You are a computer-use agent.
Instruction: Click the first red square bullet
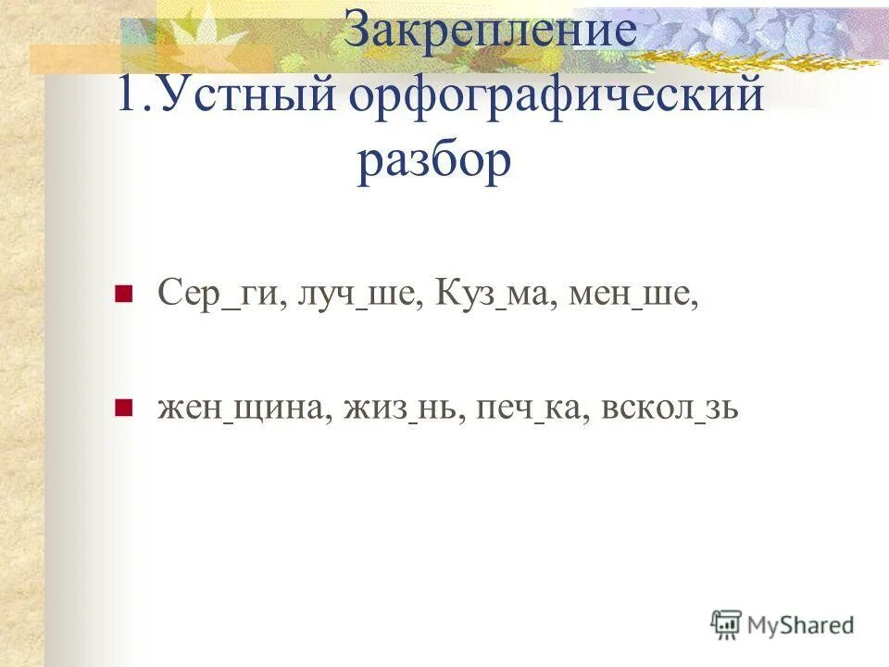[x=120, y=296]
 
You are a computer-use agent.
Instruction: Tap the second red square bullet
[x=120, y=408]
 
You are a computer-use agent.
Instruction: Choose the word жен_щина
[x=244, y=408]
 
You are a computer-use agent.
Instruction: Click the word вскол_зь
[x=669, y=408]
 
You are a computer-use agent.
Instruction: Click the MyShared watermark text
[x=800, y=625]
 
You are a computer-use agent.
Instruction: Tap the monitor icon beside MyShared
[x=727, y=625]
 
